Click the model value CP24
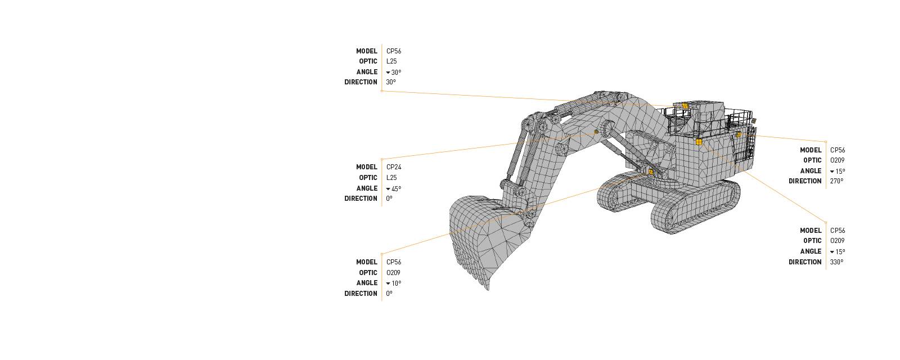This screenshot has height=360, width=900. click(x=394, y=167)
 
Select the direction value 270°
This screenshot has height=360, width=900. click(x=836, y=181)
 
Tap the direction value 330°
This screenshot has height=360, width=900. click(x=836, y=262)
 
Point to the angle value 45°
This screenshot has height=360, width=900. click(x=395, y=188)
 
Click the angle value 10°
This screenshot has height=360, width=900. click(x=395, y=283)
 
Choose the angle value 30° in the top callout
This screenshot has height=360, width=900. click(x=395, y=72)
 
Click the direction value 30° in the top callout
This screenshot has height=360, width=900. click(x=391, y=82)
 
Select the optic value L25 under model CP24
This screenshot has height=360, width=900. click(x=391, y=178)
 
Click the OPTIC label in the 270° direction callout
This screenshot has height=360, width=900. click(x=812, y=160)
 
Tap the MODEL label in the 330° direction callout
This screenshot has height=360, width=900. click(x=811, y=231)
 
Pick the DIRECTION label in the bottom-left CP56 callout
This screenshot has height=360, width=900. click(x=361, y=294)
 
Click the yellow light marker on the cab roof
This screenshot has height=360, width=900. click(x=685, y=105)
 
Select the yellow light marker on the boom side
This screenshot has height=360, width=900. click(x=596, y=132)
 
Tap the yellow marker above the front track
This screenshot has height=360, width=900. click(x=651, y=172)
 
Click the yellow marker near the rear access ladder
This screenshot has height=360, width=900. click(x=738, y=134)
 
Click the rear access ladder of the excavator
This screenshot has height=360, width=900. click(x=749, y=143)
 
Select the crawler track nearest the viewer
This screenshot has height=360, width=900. click(x=695, y=205)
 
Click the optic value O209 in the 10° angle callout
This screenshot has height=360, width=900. click(x=393, y=273)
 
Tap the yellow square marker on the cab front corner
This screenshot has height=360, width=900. click(x=699, y=142)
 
